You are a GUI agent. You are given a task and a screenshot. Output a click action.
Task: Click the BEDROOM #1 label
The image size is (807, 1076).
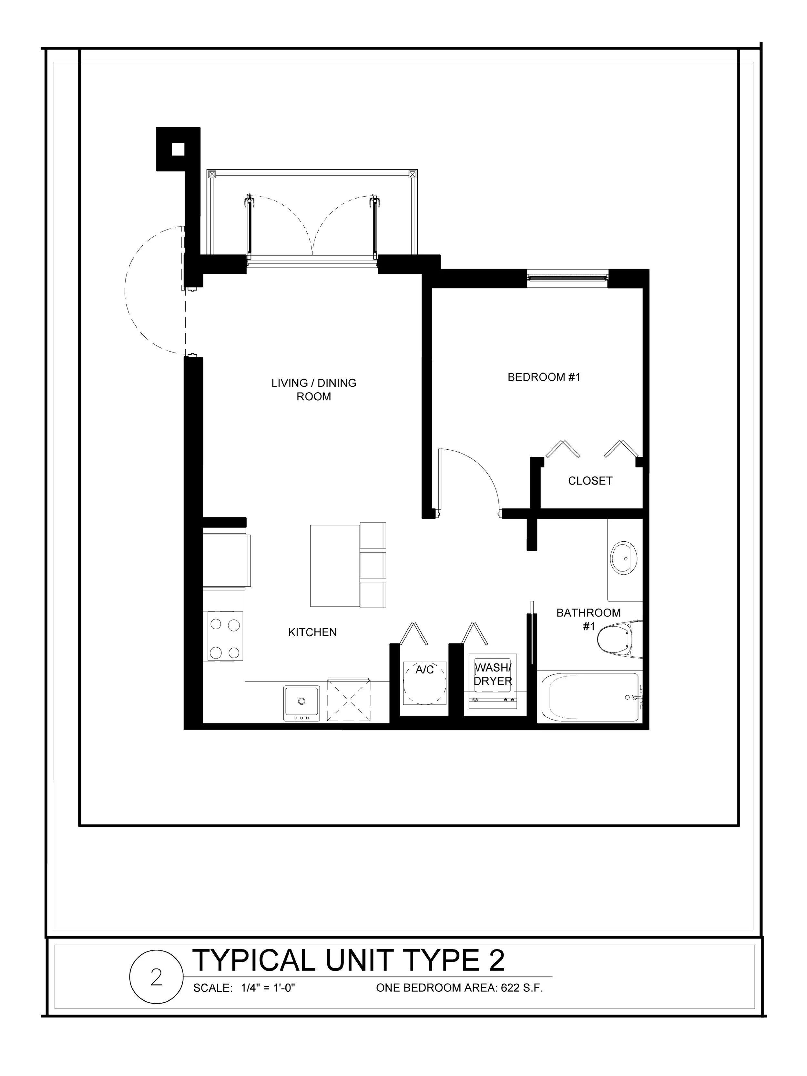(544, 377)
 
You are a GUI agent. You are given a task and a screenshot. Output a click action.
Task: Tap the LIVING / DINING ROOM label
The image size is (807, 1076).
(314, 390)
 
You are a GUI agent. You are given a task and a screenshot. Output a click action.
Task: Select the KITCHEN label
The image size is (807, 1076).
(312, 632)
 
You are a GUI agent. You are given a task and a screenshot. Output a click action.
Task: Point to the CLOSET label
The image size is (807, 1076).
(590, 481)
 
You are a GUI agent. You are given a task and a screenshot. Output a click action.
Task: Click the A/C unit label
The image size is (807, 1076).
(424, 670)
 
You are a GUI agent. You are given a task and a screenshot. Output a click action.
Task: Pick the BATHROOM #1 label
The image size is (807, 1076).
(588, 619)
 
